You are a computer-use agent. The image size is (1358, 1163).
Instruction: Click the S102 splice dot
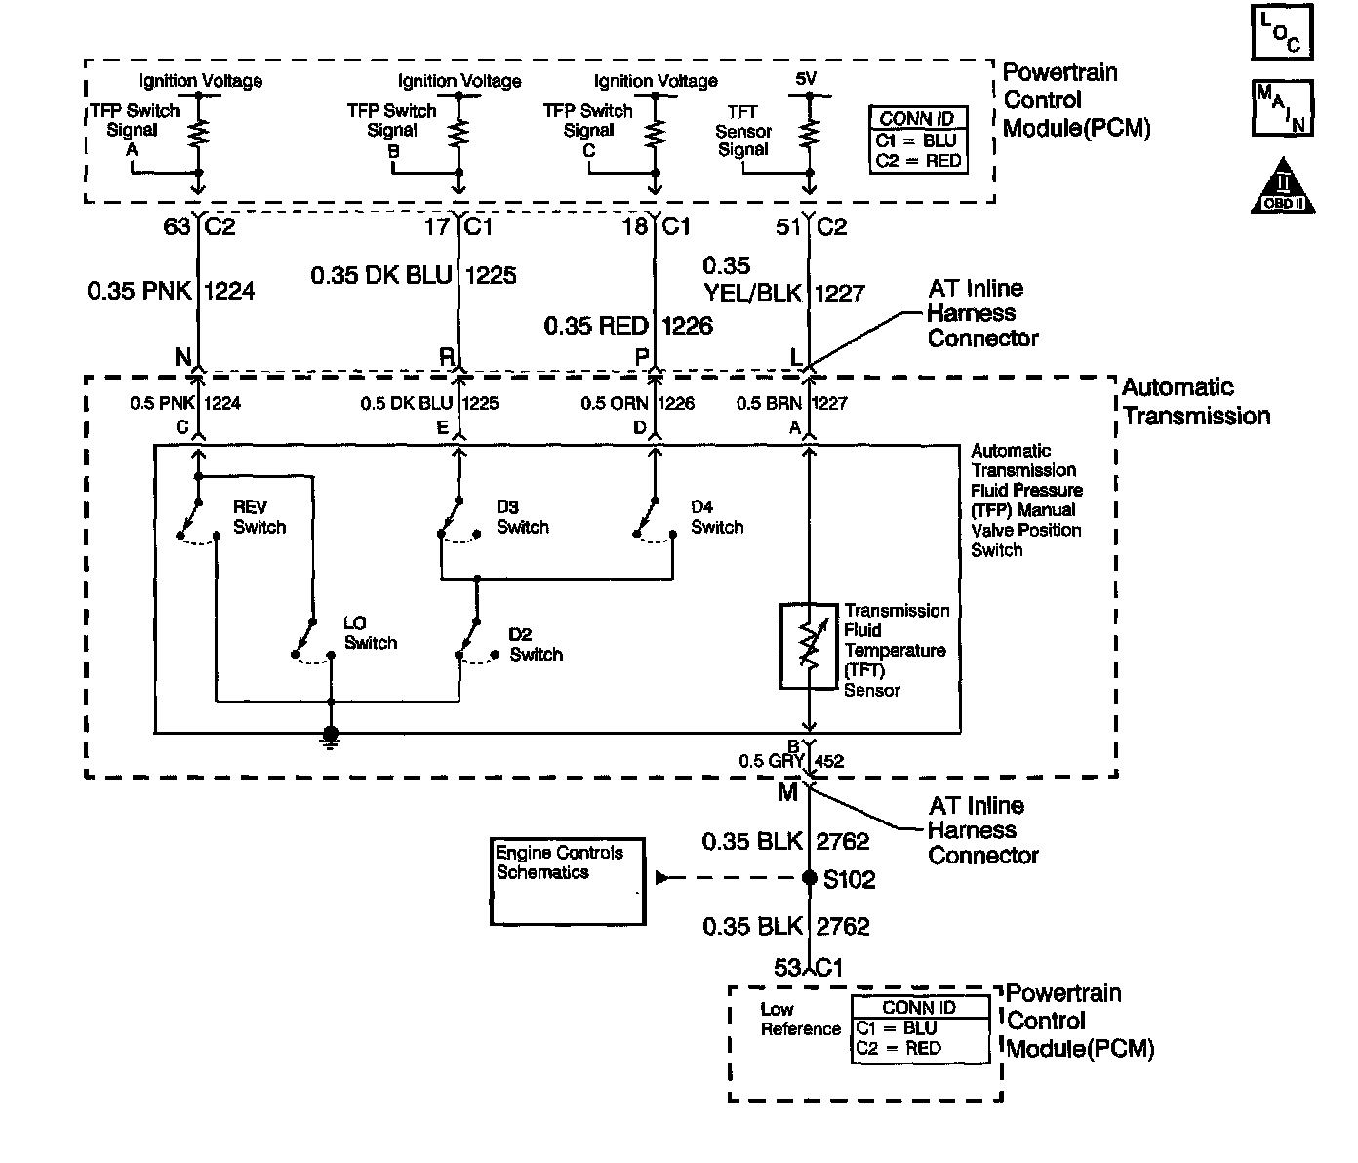pos(810,878)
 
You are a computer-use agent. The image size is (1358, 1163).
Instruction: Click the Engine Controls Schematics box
pos(568,881)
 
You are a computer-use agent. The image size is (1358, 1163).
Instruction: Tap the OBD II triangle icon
pos(1283,185)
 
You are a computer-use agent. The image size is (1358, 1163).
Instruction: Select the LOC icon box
pos(1282,32)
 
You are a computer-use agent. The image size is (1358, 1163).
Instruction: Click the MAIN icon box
pos(1283,108)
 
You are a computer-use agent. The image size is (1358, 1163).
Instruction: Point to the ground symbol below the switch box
pos(331,739)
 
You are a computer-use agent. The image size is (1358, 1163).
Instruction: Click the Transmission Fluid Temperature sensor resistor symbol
pos(809,646)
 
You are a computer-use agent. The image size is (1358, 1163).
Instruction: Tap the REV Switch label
pos(260,517)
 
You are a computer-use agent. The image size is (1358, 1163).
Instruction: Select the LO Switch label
pos(371,633)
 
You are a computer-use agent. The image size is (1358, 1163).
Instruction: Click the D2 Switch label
pos(537,645)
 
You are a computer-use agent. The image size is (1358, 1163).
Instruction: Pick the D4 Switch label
pos(717,517)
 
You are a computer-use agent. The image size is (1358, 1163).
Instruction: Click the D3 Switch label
pos(522,517)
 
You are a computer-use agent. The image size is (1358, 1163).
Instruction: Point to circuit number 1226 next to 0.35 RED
pos(687,326)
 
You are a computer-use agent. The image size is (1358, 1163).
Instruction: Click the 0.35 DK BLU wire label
pos(381,275)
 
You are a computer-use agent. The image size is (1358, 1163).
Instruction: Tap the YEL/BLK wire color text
pos(753,293)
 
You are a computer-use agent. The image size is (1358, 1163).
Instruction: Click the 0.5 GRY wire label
pos(772,761)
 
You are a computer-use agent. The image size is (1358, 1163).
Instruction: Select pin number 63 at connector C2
pos(177,226)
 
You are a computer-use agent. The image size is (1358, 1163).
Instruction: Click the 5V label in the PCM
pos(806,79)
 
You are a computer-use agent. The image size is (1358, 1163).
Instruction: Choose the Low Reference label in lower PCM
pos(800,1020)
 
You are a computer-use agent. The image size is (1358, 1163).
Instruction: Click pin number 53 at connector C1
pos(787,968)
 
